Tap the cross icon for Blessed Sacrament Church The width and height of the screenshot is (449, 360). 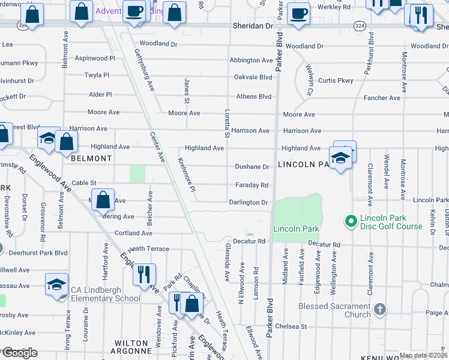(x=379, y=310)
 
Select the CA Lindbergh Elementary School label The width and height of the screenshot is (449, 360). (x=106, y=294)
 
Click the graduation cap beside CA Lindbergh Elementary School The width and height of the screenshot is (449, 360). (x=56, y=283)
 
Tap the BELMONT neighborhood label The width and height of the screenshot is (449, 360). (x=91, y=158)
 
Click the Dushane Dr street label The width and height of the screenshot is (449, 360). (x=252, y=167)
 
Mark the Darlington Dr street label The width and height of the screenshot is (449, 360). (x=248, y=203)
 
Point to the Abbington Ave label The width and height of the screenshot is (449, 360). (x=251, y=60)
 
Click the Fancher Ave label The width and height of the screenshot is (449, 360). (x=382, y=98)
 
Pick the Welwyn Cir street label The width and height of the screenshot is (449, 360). (x=310, y=80)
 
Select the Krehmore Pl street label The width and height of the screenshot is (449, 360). (x=187, y=175)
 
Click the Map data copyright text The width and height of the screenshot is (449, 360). (x=423, y=355)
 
